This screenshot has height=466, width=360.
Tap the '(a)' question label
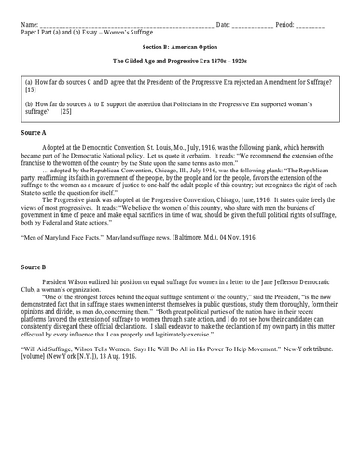(28, 83)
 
